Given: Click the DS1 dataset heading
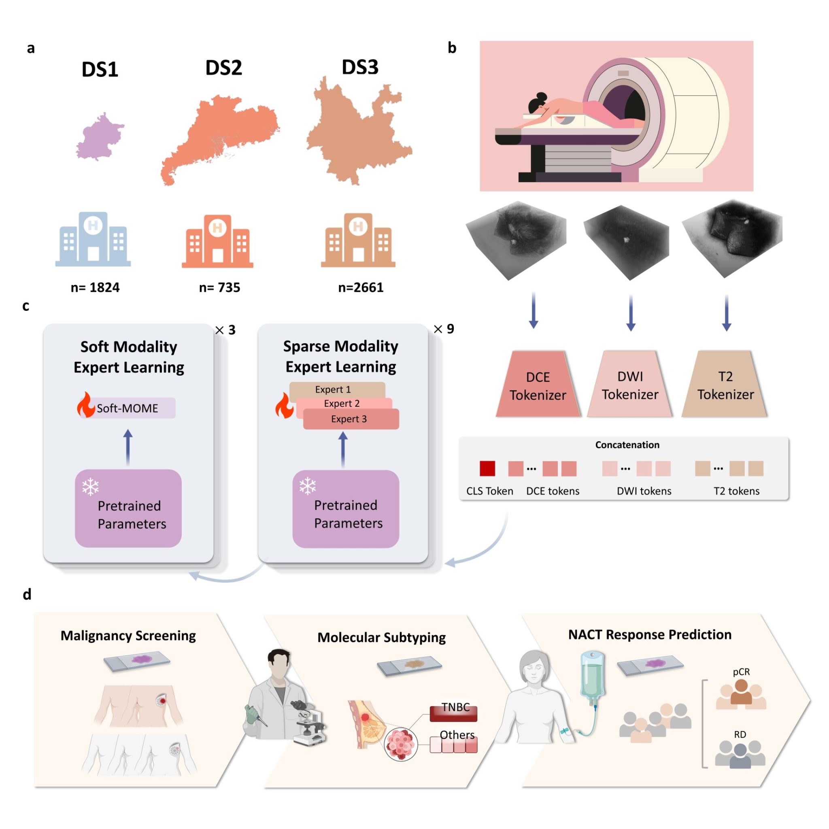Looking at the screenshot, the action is pos(100,69).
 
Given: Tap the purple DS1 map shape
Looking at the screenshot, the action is pos(100,136).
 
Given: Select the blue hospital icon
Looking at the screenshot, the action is pos(93,239).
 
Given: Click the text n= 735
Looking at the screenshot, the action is pos(219,287).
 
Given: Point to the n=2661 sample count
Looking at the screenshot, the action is pos(360,287).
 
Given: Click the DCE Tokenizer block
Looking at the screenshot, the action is pos(538,384).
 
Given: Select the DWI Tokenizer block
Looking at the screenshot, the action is pos(629,384).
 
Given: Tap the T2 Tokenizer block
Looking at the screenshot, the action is pos(725,384).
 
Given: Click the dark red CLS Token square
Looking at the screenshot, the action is pos(487,468).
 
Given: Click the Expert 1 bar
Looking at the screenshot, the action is pos(337,390).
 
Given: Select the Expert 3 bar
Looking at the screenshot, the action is pos(351,419).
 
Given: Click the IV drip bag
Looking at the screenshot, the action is pos(592,675).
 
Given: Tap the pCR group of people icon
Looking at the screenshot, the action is pos(741,694).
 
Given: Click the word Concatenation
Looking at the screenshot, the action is pos(627,444).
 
